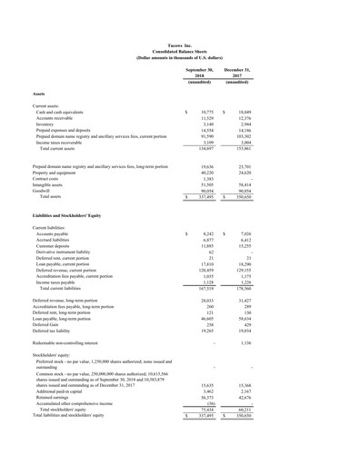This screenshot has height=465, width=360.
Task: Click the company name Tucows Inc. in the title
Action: coord(179,43)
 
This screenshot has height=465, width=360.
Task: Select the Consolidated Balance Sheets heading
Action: coord(179,49)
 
